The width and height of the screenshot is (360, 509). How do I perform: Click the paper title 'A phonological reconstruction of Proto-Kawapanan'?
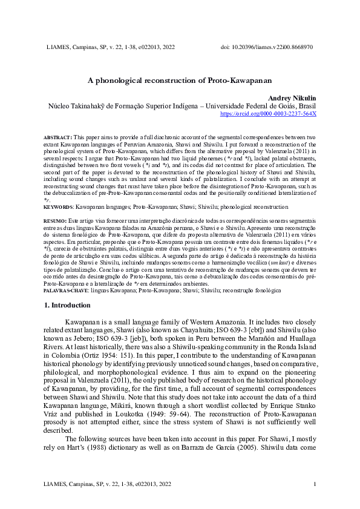[180, 80]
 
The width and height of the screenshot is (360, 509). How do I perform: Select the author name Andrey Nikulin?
[292, 97]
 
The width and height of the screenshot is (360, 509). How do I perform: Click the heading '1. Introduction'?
[69, 306]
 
